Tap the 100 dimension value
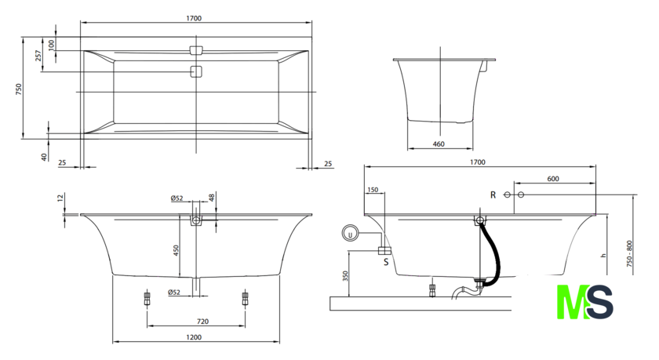(x=51, y=44)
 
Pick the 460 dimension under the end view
(x=439, y=143)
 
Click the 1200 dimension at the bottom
(x=195, y=337)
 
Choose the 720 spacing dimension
(x=202, y=322)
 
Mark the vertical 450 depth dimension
(x=177, y=249)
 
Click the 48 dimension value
(x=212, y=197)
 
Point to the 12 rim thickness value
(x=60, y=198)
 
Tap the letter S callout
(x=386, y=263)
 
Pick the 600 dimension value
(x=553, y=179)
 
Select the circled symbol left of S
(x=351, y=232)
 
